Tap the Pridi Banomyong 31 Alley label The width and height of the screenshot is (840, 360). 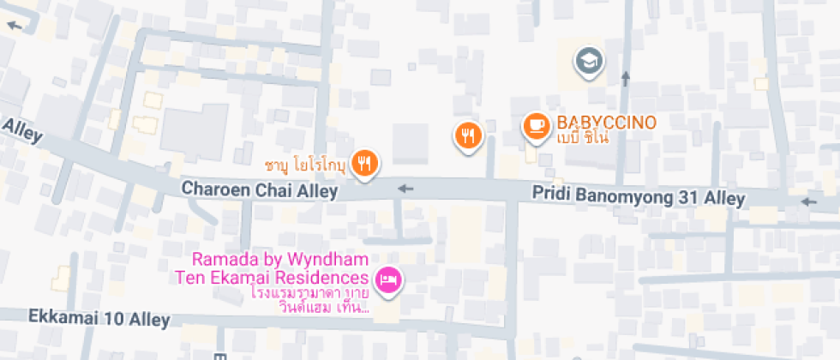pos(638,196)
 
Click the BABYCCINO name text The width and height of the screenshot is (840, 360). pos(606,123)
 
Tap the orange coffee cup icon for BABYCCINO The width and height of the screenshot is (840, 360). pos(537,126)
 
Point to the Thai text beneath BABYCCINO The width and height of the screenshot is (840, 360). pos(582,138)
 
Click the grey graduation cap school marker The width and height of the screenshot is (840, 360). pos(590,61)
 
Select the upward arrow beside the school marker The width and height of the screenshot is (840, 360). pos(626,80)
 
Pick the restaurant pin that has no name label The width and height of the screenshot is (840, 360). pos(468,135)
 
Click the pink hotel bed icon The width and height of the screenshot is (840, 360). pos(389,279)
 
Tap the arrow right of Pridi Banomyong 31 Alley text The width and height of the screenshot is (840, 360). pos(807,202)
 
